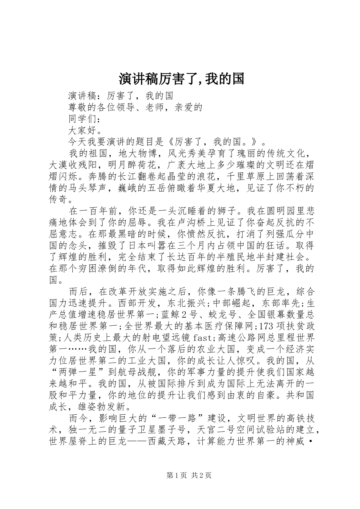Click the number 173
(x=268, y=326)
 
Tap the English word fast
(x=205, y=337)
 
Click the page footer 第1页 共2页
(x=189, y=475)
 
